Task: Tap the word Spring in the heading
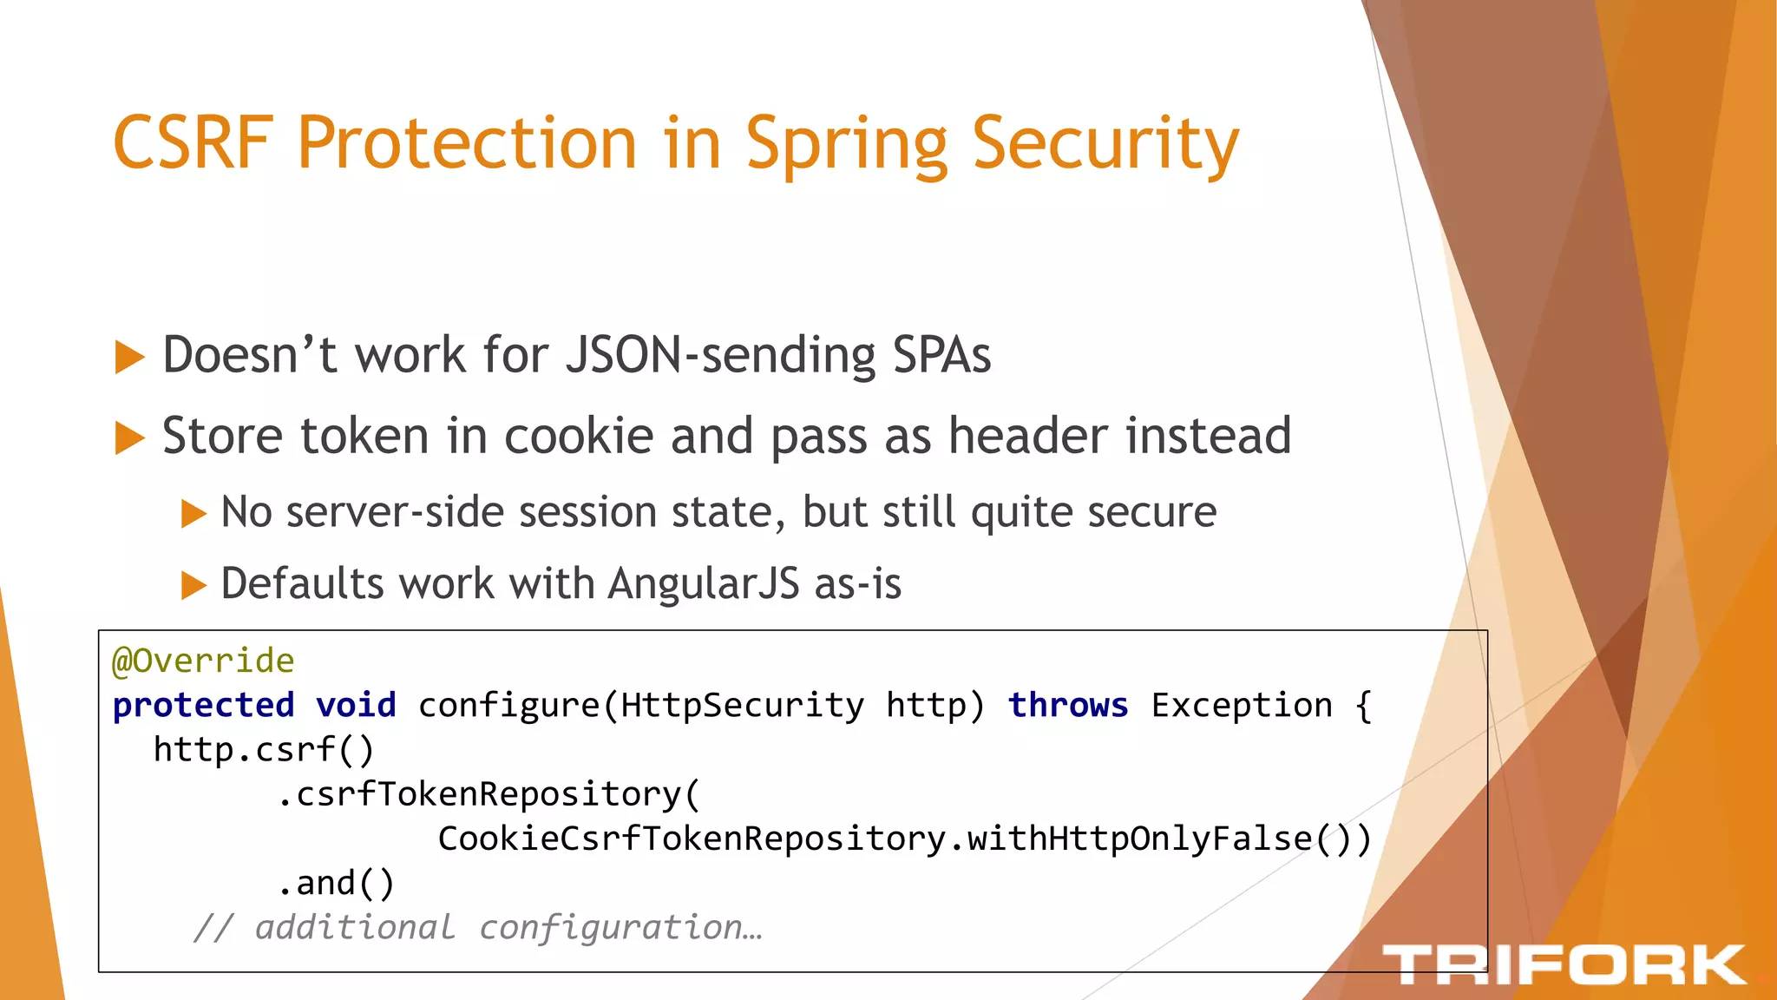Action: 846,144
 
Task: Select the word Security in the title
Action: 1105,144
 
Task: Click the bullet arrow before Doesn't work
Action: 129,358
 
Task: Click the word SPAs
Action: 941,356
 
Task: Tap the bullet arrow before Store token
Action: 129,438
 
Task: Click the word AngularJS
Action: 703,583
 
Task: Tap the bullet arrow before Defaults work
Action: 193,586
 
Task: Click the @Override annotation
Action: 203,661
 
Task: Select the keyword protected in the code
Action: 203,706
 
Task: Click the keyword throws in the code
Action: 1067,706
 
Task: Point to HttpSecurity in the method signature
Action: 742,706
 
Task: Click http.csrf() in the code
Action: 263,750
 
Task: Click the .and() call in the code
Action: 336,883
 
